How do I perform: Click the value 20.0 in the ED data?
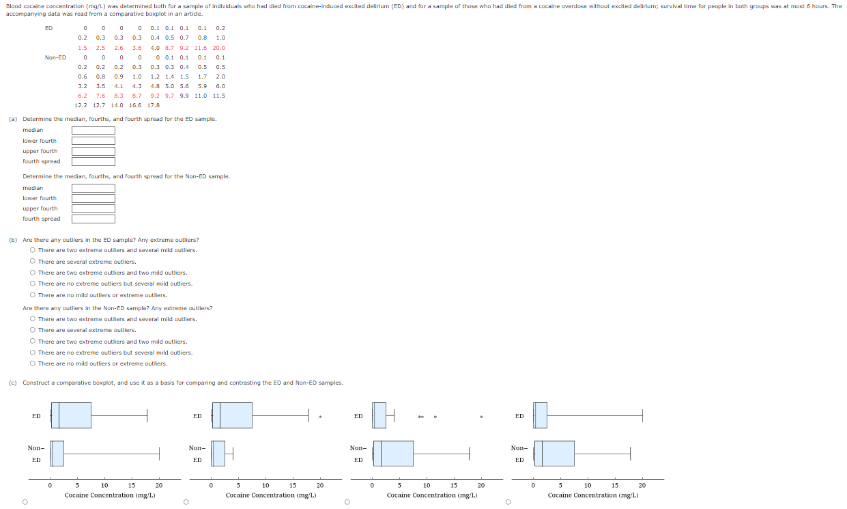click(218, 48)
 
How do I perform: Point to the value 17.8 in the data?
click(153, 105)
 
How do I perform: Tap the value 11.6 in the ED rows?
click(201, 48)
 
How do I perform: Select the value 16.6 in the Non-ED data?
click(135, 105)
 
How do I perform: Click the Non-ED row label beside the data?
click(55, 57)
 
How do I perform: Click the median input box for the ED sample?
click(94, 130)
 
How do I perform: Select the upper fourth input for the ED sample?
click(94, 151)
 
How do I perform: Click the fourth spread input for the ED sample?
click(94, 161)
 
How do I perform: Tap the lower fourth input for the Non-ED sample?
click(94, 198)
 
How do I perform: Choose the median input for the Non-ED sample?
click(94, 188)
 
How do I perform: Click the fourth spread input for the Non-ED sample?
click(94, 219)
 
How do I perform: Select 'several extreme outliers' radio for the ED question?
click(32, 262)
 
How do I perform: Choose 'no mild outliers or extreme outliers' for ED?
click(32, 295)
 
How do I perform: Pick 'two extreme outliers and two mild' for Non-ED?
click(32, 342)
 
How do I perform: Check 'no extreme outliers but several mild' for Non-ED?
click(32, 353)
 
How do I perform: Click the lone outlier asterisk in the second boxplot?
click(320, 417)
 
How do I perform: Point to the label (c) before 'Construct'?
click(13, 383)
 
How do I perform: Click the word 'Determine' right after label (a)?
click(34, 119)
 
